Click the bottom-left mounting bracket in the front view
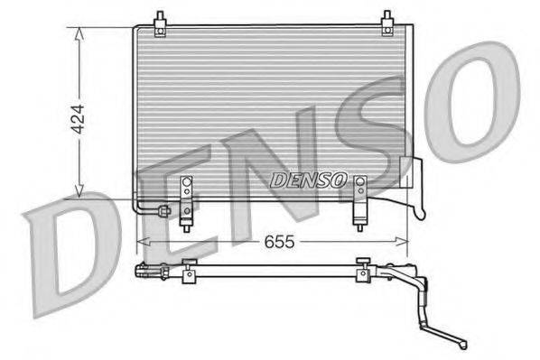click(188, 199)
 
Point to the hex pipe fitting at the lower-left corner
click(163, 212)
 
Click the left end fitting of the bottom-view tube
click(144, 270)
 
